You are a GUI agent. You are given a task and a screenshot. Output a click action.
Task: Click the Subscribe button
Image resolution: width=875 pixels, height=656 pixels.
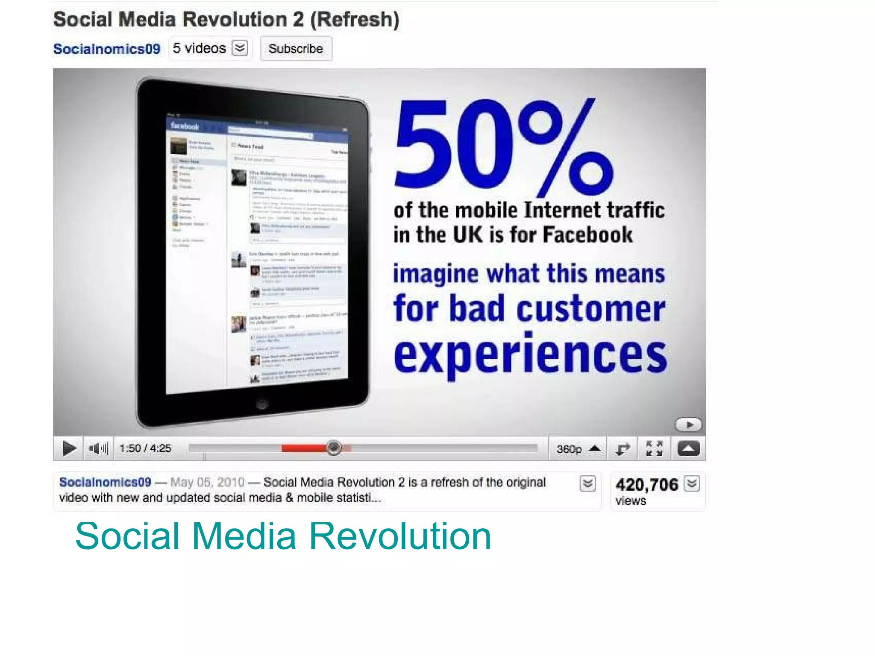point(296,49)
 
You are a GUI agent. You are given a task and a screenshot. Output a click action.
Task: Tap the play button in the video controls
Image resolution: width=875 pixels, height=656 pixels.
point(69,448)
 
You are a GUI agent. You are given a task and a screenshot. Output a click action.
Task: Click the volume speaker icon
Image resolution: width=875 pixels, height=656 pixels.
point(98,448)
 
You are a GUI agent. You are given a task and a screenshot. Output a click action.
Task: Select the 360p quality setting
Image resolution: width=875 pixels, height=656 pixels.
point(569,449)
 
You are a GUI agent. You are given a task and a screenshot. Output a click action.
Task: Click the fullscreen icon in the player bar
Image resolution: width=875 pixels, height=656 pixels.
point(654,448)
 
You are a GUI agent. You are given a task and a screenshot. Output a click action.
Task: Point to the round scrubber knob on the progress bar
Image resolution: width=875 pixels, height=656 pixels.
point(334,448)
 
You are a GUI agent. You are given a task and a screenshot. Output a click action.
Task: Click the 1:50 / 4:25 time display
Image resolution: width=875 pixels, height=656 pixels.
point(145,448)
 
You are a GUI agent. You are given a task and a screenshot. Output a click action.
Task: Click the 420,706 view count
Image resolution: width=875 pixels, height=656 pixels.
point(647,485)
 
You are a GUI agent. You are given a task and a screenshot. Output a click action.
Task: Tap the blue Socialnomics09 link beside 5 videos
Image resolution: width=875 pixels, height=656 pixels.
point(107,49)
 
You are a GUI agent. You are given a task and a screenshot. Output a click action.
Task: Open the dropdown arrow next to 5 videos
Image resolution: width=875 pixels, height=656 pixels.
point(240,48)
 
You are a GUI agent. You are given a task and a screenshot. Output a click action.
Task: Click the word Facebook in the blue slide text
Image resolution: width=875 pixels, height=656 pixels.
point(587,234)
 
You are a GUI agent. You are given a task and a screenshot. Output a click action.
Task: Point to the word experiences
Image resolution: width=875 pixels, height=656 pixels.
point(530,355)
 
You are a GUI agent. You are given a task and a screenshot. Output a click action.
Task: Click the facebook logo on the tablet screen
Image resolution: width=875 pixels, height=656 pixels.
point(185,126)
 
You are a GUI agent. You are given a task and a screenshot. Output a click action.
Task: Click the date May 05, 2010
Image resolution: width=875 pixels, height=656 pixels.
point(207,482)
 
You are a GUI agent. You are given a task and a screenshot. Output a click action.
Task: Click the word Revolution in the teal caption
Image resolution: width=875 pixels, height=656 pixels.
point(400,536)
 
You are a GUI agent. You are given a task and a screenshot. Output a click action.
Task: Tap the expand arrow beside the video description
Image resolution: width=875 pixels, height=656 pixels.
point(587,483)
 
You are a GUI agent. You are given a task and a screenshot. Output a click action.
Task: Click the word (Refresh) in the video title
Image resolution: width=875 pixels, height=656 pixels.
point(355,20)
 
